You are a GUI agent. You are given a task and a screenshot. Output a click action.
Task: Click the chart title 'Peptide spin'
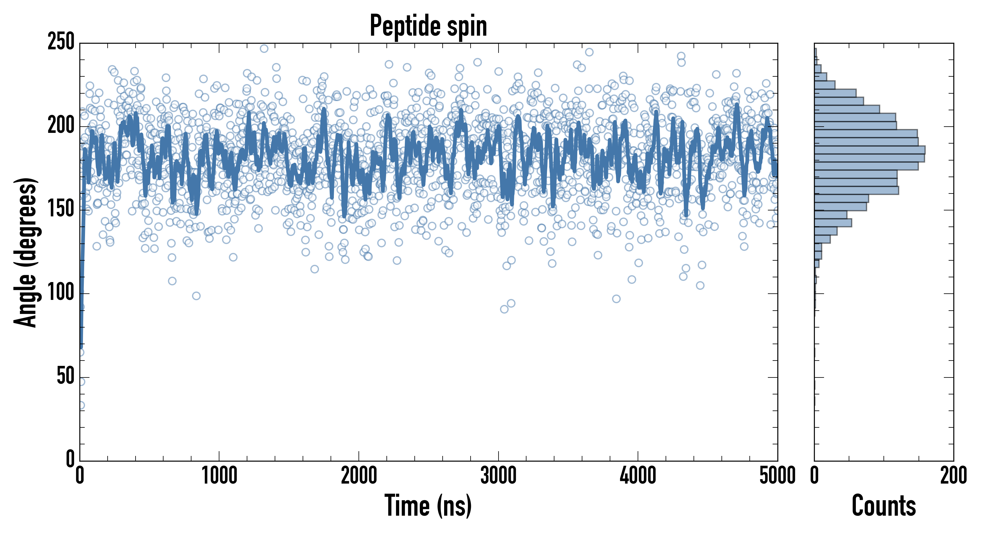pyautogui.click(x=428, y=26)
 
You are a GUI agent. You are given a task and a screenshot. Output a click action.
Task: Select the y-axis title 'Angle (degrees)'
pyautogui.click(x=26, y=252)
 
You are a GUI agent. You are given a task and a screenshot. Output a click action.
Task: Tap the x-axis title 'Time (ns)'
pyautogui.click(x=428, y=505)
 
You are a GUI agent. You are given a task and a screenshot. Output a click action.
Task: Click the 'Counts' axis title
pyautogui.click(x=884, y=505)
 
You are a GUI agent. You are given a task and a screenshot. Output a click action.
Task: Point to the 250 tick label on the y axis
pyautogui.click(x=61, y=42)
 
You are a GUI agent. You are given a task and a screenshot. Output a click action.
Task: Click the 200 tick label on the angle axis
pyautogui.click(x=61, y=126)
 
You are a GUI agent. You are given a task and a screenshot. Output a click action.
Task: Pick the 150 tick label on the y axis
pyautogui.click(x=61, y=210)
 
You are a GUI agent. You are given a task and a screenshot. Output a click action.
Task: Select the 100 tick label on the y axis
pyautogui.click(x=61, y=293)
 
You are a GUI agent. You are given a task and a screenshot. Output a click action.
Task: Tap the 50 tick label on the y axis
pyautogui.click(x=65, y=377)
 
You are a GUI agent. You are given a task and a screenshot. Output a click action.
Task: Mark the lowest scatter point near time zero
pyautogui.click(x=81, y=405)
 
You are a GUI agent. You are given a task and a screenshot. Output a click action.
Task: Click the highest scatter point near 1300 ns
pyautogui.click(x=264, y=48)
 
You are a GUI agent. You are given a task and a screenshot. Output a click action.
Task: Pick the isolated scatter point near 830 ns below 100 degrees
pyautogui.click(x=196, y=296)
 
